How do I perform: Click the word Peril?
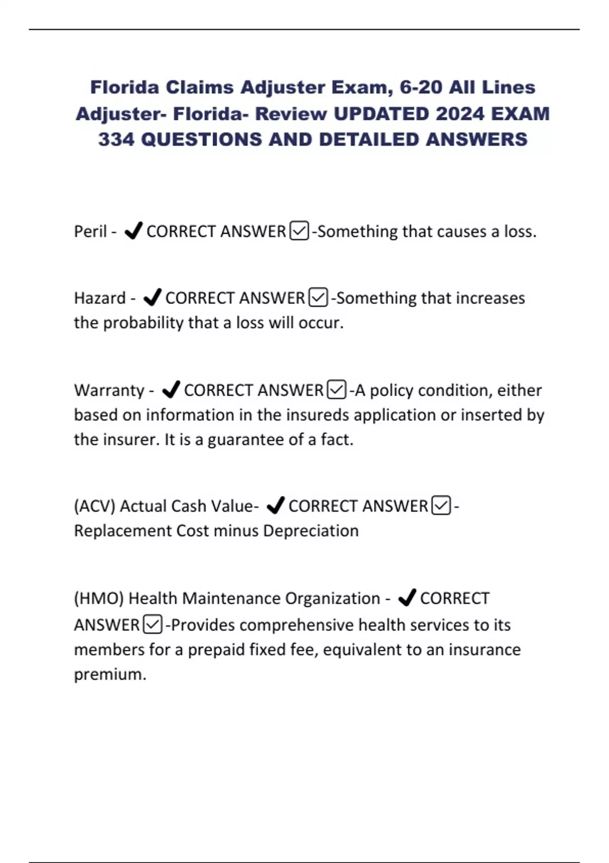pos(90,231)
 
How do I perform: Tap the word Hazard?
pos(99,298)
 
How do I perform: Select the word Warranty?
pos(109,390)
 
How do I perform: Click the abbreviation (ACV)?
pos(94,506)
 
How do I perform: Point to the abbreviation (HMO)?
pos(99,599)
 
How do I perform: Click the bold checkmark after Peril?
pos(133,231)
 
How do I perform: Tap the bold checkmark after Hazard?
pos(152,297)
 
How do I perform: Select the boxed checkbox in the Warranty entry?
pos(337,390)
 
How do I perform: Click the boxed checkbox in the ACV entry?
pos(441,506)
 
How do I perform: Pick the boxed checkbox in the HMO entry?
pos(153,624)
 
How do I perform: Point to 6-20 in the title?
pos(421,87)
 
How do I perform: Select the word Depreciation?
pos(311,531)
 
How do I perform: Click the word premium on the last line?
pos(110,675)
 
